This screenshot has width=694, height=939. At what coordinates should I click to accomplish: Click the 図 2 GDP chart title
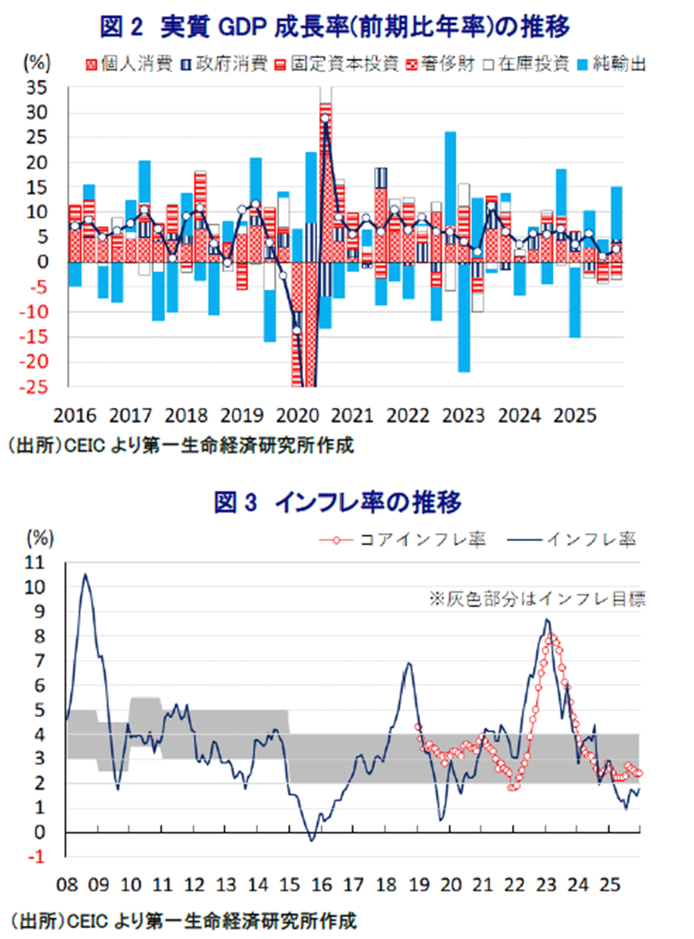[335, 26]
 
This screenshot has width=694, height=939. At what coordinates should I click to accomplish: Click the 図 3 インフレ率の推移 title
[337, 502]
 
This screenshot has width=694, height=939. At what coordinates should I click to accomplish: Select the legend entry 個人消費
[129, 65]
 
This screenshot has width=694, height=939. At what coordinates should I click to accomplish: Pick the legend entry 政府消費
[223, 65]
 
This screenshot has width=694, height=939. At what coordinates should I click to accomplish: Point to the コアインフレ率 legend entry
[403, 540]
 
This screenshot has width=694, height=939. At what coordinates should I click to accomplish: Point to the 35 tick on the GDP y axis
[37, 87]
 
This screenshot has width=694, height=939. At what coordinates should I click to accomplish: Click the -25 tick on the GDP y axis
[34, 387]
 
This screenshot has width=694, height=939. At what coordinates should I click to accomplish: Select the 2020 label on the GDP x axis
[297, 416]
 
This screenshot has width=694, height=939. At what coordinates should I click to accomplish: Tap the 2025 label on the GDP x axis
[575, 416]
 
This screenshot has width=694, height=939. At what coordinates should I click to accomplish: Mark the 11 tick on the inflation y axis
[34, 562]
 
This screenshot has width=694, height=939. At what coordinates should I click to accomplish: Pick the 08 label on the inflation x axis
[67, 885]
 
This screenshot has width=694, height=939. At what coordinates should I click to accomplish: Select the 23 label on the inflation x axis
[546, 885]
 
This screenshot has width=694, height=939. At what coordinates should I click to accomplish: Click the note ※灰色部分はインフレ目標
[537, 598]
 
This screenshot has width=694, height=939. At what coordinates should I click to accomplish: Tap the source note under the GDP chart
[180, 446]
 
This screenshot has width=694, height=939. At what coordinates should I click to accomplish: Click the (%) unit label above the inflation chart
[40, 538]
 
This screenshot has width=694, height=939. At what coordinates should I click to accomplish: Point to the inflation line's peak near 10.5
[85, 575]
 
